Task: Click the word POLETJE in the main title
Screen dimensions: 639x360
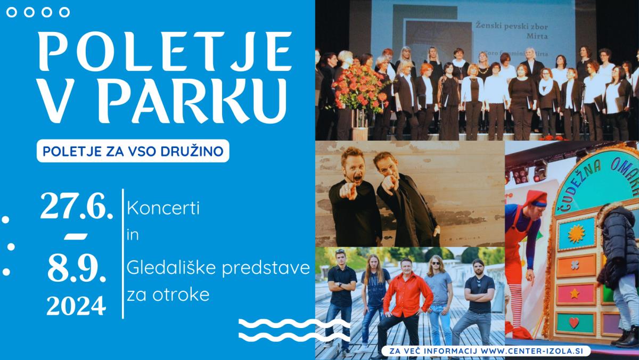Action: pos(166,51)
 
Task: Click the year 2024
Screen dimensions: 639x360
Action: pos(76,306)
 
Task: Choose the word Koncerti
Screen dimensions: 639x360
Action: pos(163,208)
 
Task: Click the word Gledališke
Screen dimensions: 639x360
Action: pos(173,268)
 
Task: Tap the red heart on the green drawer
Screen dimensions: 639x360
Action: pos(574,323)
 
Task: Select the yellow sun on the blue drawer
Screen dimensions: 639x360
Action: pos(576,234)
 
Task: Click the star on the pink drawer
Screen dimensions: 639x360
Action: pos(575,293)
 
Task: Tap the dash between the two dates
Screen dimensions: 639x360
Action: pos(76,237)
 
